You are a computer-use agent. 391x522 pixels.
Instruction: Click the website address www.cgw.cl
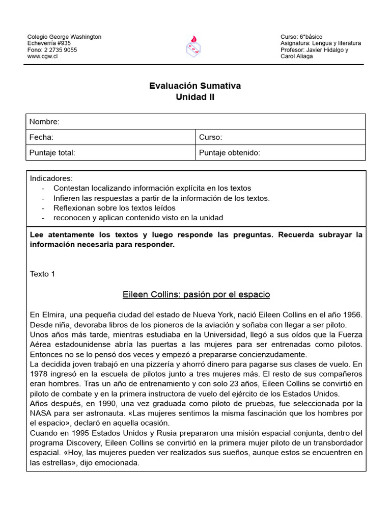click(42, 57)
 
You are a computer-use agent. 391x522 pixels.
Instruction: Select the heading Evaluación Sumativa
click(195, 86)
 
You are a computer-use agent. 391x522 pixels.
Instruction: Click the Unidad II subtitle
click(195, 97)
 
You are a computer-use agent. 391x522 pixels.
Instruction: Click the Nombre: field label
click(44, 121)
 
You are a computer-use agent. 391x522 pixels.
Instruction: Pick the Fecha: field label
click(41, 137)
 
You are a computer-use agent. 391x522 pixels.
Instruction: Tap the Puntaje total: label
click(52, 152)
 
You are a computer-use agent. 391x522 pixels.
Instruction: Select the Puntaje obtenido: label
click(230, 152)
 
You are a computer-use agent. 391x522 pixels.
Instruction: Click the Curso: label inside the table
click(210, 137)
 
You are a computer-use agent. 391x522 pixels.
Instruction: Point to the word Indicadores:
click(51, 178)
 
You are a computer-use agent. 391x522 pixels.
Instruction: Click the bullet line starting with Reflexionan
click(114, 208)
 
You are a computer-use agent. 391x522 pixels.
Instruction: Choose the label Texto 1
click(42, 274)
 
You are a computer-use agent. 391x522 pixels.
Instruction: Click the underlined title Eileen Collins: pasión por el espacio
click(196, 295)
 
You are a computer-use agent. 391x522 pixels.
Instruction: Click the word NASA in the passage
click(40, 413)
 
